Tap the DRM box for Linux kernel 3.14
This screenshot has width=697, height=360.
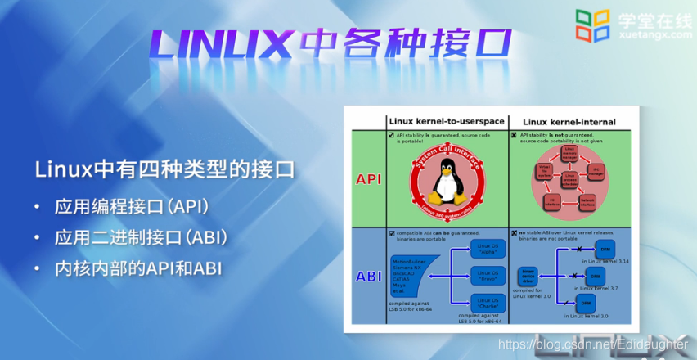pos(605,249)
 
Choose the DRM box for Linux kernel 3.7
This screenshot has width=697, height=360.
pos(605,276)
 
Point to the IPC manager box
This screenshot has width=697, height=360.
pos(599,172)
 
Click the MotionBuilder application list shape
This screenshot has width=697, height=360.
pos(409,276)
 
